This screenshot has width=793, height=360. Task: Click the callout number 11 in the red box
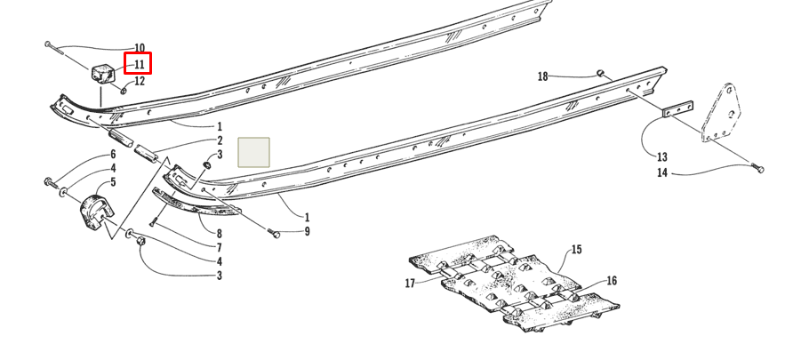pos(139,64)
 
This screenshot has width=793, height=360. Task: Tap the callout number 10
pos(139,47)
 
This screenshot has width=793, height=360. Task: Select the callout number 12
pos(139,82)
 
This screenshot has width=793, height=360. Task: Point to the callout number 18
pos(542,76)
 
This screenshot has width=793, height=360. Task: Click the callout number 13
pos(661,157)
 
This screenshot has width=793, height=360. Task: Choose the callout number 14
pos(661,172)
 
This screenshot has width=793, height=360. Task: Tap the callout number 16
pos(612,281)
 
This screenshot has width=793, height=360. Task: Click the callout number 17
pos(410,284)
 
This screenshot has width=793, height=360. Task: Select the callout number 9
pos(307,232)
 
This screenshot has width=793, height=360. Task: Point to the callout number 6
pos(113,154)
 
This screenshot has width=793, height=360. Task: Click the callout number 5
pos(113,182)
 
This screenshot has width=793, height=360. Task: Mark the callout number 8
pos(220,234)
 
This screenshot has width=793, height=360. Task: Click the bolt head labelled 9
pos(276,233)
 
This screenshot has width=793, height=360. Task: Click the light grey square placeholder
pos(255,152)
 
